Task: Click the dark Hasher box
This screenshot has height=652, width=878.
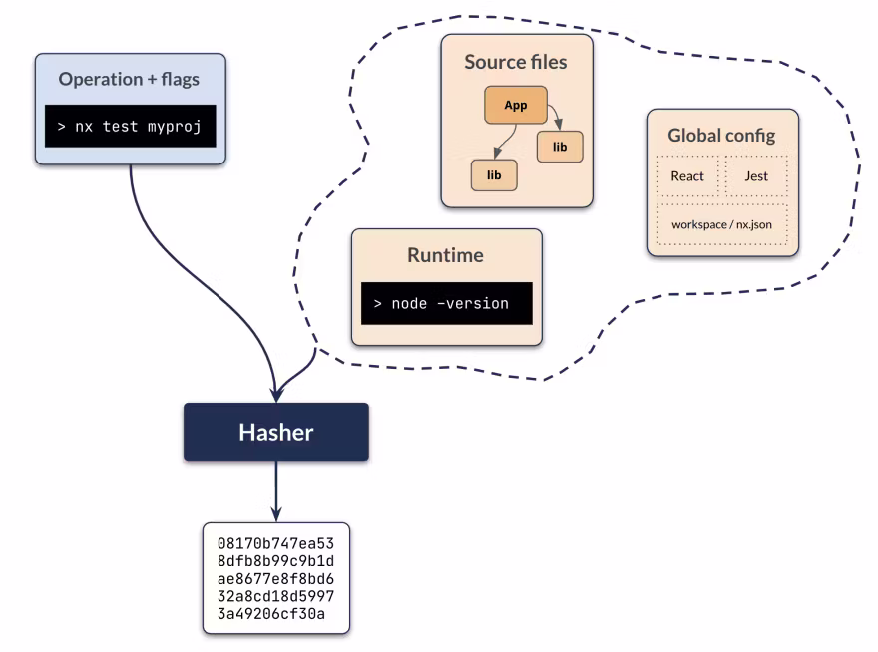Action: point(275,432)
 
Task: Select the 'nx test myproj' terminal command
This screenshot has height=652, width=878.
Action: point(131,127)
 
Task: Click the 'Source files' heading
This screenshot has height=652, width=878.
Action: point(516,62)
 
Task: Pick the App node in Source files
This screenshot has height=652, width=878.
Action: point(515,105)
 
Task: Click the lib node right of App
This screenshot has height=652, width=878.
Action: point(560,147)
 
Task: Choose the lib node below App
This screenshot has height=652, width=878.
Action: point(493,175)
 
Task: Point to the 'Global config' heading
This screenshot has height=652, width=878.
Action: point(721,135)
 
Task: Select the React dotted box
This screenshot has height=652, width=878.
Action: point(687,176)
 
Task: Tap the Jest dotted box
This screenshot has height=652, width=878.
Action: point(755,176)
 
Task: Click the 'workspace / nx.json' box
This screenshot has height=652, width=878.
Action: point(721,224)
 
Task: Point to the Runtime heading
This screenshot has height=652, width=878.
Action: point(445,255)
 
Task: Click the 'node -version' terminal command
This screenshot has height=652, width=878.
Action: point(446,303)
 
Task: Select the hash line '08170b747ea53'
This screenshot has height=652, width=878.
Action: point(275,543)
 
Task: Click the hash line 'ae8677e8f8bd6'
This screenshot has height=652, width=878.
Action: point(275,579)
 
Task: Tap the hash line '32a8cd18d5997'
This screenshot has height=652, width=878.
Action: point(275,597)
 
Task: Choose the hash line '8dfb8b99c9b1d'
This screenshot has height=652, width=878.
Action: point(275,561)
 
